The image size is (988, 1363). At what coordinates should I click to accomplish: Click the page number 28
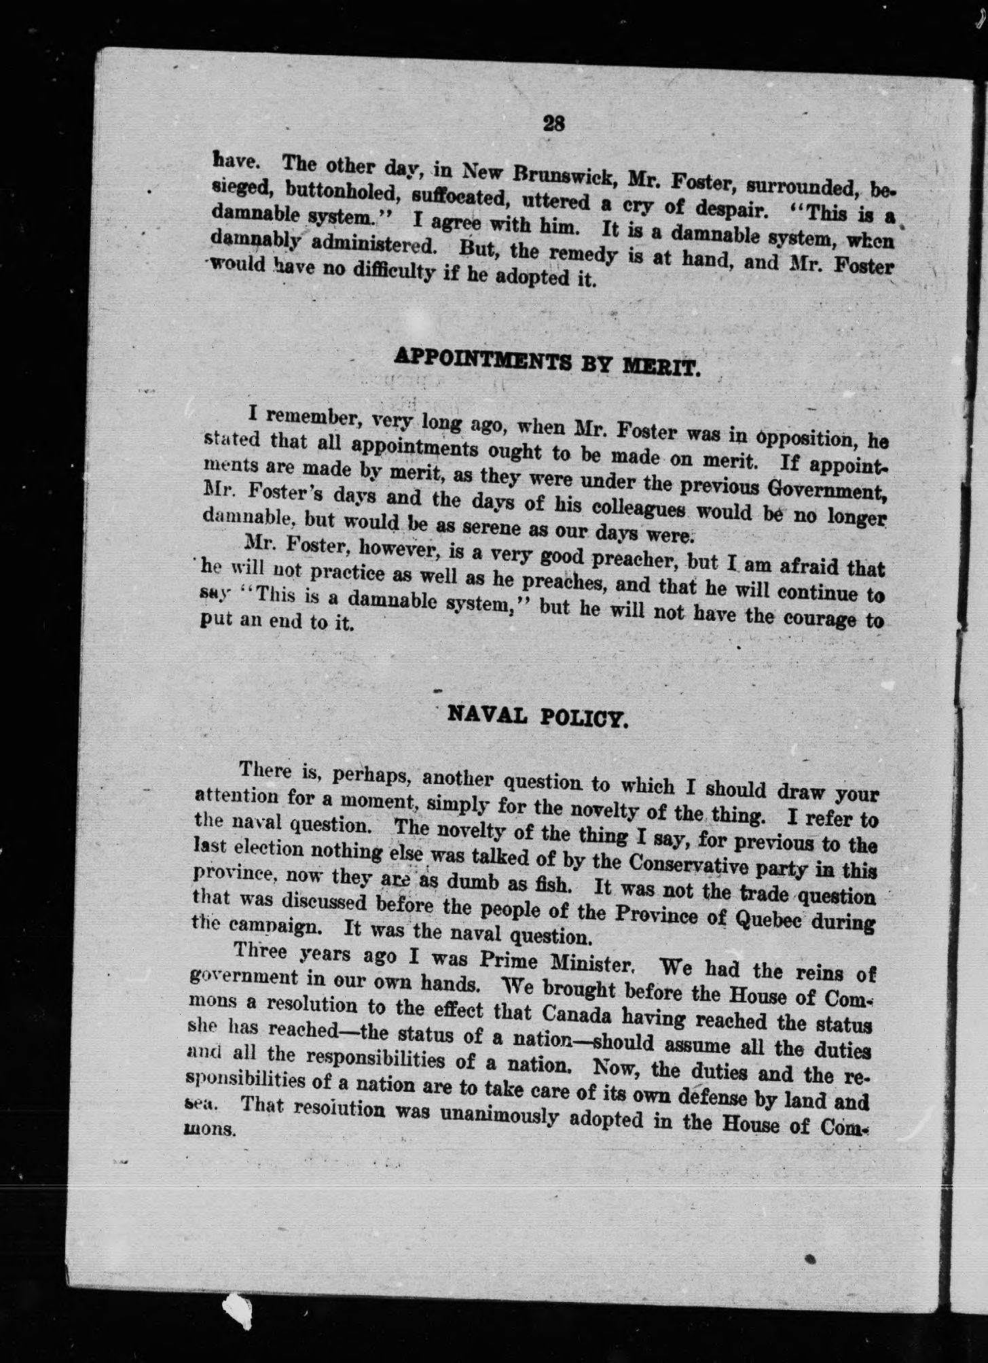554,123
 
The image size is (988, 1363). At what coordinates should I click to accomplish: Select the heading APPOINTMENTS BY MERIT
546,364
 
